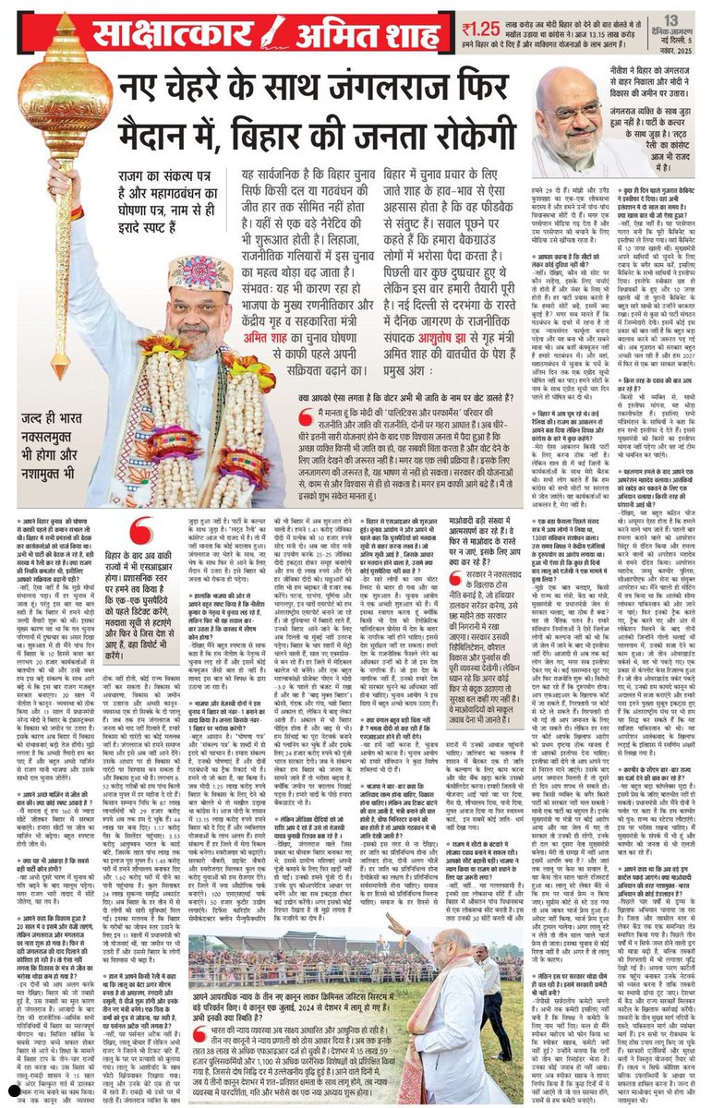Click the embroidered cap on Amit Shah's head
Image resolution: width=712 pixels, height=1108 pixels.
pyautogui.click(x=198, y=273)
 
